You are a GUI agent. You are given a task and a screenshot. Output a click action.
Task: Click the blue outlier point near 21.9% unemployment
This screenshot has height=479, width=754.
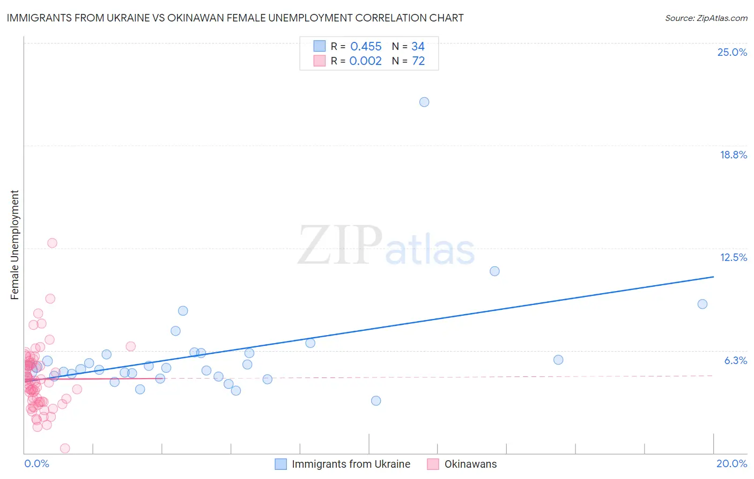[x=424, y=102]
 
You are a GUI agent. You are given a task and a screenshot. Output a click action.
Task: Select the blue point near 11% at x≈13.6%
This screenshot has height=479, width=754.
[x=494, y=271]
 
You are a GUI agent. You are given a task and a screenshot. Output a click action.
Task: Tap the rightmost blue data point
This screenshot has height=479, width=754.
[x=702, y=304]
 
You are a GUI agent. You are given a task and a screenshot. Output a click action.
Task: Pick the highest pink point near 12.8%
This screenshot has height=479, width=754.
[x=52, y=243]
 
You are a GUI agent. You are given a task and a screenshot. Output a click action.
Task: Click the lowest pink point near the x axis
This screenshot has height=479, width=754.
[x=65, y=448]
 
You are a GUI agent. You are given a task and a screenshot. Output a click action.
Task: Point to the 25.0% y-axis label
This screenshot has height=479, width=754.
[x=732, y=52]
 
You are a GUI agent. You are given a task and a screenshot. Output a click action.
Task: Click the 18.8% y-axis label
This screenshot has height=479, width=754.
[x=733, y=155]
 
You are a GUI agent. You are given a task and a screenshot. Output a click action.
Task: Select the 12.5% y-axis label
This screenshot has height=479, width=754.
[x=733, y=257]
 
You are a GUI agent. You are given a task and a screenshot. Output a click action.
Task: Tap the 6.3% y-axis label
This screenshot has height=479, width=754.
[x=735, y=360]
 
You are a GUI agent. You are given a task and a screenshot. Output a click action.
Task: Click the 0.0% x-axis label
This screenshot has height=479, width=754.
[x=36, y=463]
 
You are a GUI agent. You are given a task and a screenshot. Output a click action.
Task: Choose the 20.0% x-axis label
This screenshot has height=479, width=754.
[x=731, y=463]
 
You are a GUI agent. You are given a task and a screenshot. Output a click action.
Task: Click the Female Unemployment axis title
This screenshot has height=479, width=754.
[x=14, y=244]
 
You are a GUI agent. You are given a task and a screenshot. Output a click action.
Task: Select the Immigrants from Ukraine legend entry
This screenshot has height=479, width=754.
[x=351, y=464]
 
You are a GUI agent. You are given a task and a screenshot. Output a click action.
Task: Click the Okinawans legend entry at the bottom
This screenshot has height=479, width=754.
[x=470, y=464]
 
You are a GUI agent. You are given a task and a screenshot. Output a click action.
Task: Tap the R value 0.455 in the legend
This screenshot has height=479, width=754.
[x=366, y=47]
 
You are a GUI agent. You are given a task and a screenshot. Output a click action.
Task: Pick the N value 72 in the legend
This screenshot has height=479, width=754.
[x=418, y=61]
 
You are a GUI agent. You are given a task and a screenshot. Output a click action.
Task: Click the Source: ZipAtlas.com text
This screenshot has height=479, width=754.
[x=706, y=18]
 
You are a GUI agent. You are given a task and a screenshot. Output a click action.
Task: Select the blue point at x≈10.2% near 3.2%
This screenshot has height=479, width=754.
[x=376, y=401]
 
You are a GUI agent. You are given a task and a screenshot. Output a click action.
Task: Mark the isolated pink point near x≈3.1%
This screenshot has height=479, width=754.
[x=130, y=346]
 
